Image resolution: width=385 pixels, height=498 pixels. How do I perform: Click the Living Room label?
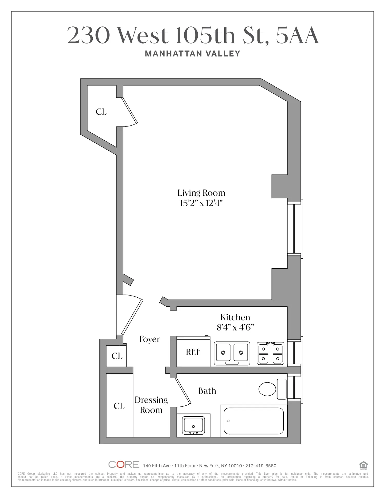pyautogui.click(x=201, y=193)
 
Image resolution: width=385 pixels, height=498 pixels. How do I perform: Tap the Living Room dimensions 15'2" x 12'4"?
pyautogui.click(x=201, y=203)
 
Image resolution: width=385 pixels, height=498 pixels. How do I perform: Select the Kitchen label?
pyautogui.click(x=235, y=317)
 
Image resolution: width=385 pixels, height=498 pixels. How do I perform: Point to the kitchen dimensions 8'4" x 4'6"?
pyautogui.click(x=235, y=327)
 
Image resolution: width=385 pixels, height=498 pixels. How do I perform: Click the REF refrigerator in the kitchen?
pyautogui.click(x=193, y=352)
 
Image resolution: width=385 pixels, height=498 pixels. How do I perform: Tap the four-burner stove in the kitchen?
pyautogui.click(x=271, y=353)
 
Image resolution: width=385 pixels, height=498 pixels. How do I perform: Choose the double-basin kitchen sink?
pyautogui.click(x=232, y=353)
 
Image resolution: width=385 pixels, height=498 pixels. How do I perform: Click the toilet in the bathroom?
pyautogui.click(x=273, y=389)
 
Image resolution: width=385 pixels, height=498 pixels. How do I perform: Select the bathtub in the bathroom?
pyautogui.click(x=254, y=421)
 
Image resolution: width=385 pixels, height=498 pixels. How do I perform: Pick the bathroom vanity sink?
pyautogui.click(x=193, y=425)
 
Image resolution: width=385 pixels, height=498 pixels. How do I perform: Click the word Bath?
pyautogui.click(x=207, y=391)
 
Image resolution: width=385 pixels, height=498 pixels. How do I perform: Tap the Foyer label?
pyautogui.click(x=150, y=339)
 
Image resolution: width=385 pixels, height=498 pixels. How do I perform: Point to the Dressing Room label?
pyautogui.click(x=151, y=405)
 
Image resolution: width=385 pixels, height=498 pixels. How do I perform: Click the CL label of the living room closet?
pyautogui.click(x=101, y=112)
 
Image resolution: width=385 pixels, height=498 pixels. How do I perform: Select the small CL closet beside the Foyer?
pyautogui.click(x=117, y=356)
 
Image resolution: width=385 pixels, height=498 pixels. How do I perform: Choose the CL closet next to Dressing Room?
pyautogui.click(x=119, y=406)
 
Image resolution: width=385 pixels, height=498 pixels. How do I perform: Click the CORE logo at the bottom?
pyautogui.click(x=123, y=464)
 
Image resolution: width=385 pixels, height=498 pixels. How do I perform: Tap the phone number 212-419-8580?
pyautogui.click(x=261, y=466)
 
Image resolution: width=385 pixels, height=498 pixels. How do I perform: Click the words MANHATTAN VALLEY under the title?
pyautogui.click(x=192, y=54)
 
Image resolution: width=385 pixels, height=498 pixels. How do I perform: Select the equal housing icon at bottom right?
pyautogui.click(x=363, y=465)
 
